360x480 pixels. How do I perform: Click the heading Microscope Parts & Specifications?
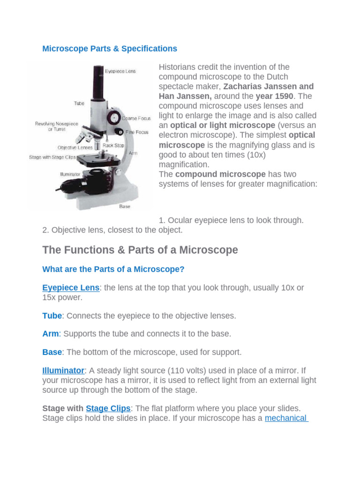(x=110, y=49)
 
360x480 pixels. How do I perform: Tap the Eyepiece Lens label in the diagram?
(x=120, y=71)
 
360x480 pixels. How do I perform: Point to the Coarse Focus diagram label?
(x=135, y=119)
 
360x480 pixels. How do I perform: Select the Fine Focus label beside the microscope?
(x=137, y=132)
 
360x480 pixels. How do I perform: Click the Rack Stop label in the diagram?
(x=114, y=145)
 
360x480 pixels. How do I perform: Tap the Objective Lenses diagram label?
(x=75, y=147)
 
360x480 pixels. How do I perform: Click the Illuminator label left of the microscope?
(x=70, y=174)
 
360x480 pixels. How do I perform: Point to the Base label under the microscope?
(x=125, y=206)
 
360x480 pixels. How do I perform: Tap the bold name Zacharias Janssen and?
(x=269, y=87)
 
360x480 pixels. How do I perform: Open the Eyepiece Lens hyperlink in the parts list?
(x=71, y=288)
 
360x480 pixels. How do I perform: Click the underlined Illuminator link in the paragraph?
(x=63, y=370)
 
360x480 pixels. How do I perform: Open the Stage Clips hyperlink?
(x=108, y=408)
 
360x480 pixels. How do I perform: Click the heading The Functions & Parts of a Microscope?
(x=140, y=250)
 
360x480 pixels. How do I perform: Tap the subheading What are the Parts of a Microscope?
(x=113, y=270)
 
